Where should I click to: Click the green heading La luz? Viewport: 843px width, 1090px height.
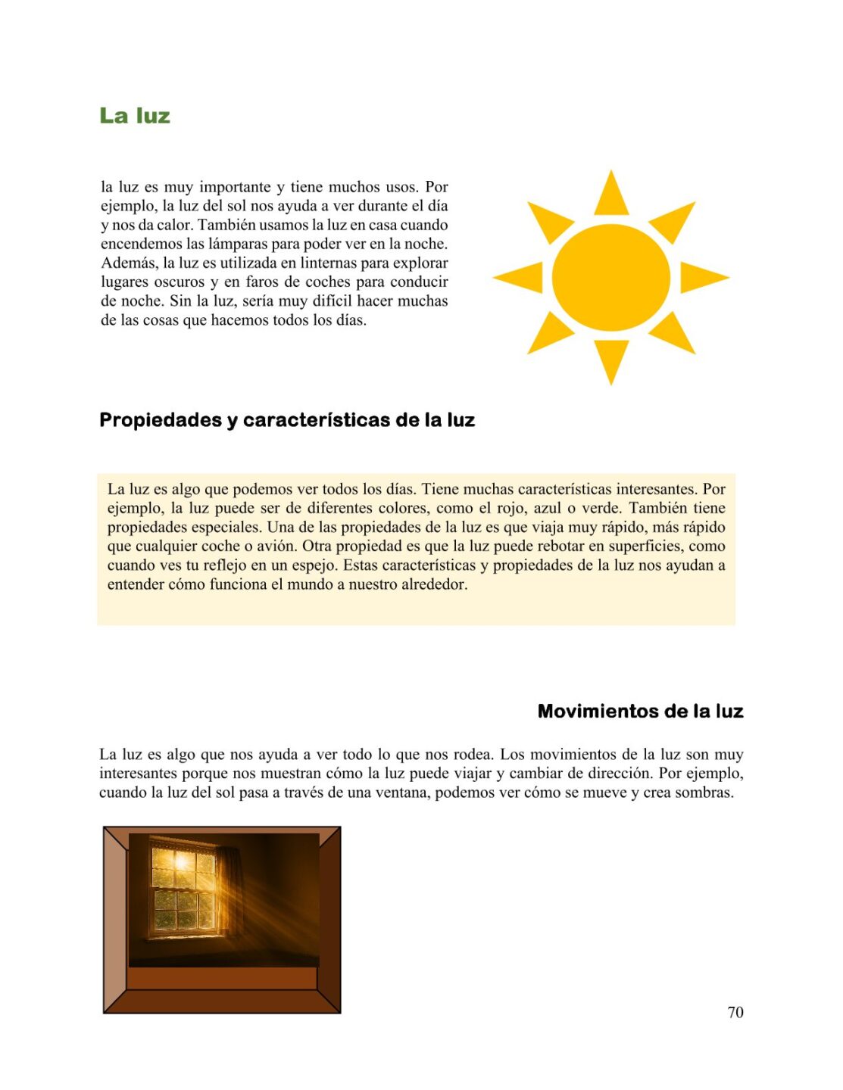(135, 116)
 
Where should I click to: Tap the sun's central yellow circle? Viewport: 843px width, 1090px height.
(610, 278)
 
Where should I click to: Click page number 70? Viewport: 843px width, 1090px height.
(735, 1012)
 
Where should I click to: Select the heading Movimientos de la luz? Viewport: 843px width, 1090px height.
(640, 712)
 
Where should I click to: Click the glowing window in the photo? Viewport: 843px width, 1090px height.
(182, 882)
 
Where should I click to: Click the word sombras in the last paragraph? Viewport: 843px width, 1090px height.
(707, 793)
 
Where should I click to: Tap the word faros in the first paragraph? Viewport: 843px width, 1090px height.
(262, 282)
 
